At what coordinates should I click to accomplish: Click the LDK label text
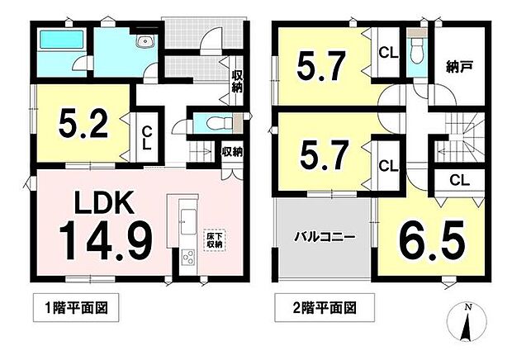click(x=105, y=202)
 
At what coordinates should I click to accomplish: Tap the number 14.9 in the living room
click(x=106, y=240)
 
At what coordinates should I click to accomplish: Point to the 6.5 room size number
click(x=431, y=242)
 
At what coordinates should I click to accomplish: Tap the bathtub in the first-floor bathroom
click(x=61, y=40)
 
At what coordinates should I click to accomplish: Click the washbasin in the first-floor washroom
click(x=144, y=42)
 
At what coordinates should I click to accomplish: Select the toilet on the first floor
click(x=219, y=123)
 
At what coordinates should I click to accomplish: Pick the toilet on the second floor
click(x=417, y=50)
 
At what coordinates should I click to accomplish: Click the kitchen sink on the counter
click(x=188, y=217)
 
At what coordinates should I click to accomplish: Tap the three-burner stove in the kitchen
click(x=188, y=258)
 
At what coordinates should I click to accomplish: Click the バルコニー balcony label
click(x=325, y=237)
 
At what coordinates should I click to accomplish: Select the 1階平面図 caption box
click(x=76, y=307)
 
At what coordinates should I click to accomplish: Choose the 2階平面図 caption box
click(x=325, y=307)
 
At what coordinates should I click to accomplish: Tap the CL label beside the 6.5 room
click(x=459, y=179)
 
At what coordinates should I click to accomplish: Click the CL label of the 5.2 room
click(x=147, y=139)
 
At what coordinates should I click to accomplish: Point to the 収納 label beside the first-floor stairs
click(x=232, y=152)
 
